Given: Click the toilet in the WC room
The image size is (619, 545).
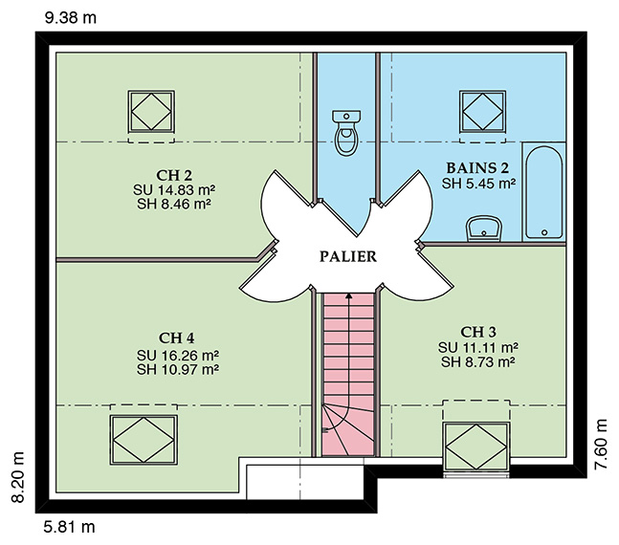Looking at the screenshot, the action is [346, 133].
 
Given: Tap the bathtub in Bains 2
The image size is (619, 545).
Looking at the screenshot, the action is [544, 192].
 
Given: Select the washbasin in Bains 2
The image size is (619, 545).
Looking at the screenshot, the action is [484, 229].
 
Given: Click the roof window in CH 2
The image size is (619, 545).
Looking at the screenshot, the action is [151, 112].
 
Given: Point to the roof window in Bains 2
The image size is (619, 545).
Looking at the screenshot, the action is [482, 112].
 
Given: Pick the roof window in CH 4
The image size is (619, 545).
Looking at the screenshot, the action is [144, 440].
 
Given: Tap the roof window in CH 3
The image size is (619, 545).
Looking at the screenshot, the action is [476, 447].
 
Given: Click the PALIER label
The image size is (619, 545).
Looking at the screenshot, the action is [348, 257].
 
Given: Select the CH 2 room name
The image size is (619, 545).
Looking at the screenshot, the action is [174, 175].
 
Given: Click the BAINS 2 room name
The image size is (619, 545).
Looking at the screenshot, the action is [477, 168].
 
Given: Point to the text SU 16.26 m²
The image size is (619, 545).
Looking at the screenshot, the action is [178, 355].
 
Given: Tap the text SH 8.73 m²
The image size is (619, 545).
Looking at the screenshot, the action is [478, 361].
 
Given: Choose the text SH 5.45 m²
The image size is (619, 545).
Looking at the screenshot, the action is [478, 184].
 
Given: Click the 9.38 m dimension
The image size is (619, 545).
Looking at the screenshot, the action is [71, 18].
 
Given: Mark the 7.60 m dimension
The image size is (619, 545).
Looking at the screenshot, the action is [601, 444].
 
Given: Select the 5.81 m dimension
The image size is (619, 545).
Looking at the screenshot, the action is [70, 527].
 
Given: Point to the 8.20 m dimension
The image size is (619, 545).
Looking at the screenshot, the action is [18, 477].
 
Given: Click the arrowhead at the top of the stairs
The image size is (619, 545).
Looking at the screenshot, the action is [348, 295].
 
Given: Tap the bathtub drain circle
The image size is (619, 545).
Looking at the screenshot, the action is [544, 232].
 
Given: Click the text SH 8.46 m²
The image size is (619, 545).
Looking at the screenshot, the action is [174, 204].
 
